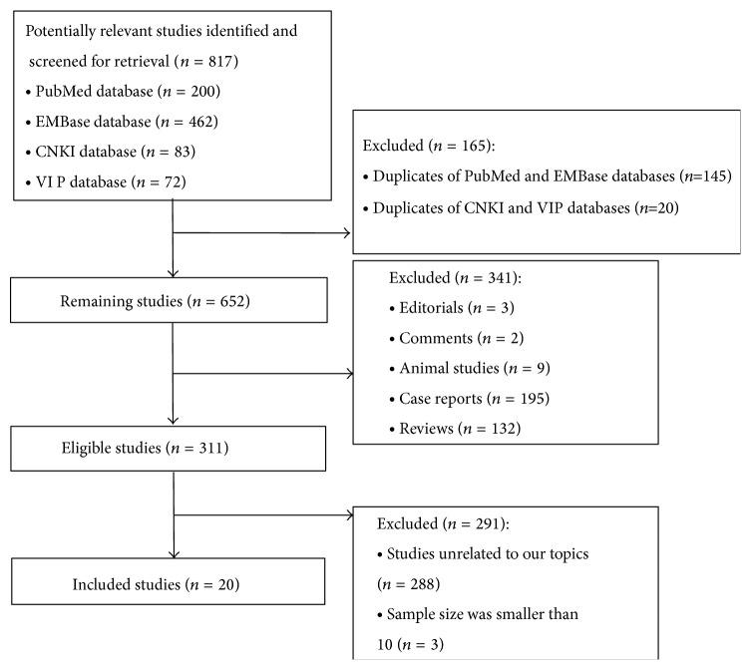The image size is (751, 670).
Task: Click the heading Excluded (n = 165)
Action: coord(426,146)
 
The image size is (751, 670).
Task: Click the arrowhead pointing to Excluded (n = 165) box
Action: coord(347,233)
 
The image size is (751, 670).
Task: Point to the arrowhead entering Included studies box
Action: coord(174,552)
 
